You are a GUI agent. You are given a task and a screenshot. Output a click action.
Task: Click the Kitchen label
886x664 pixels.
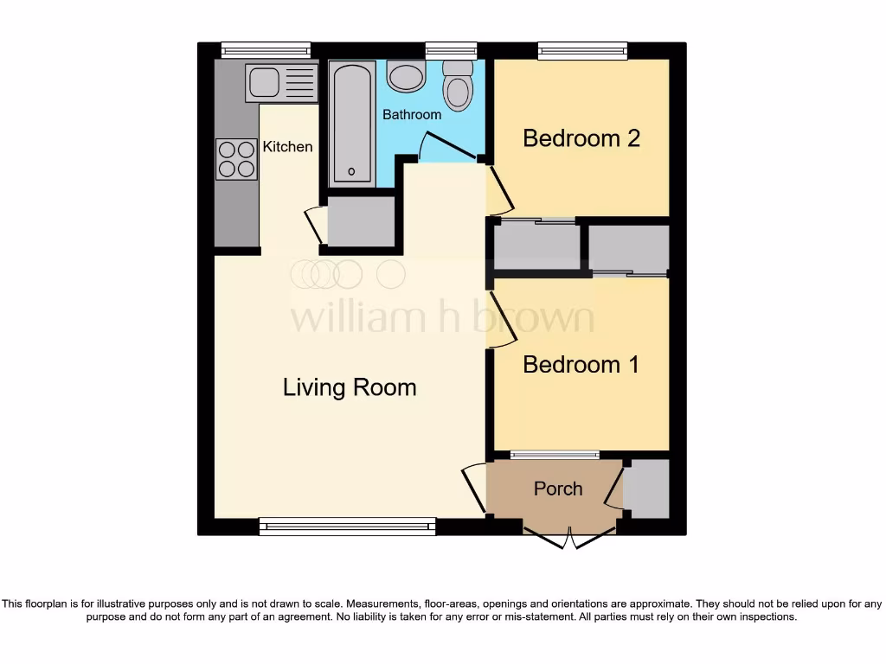point(287,146)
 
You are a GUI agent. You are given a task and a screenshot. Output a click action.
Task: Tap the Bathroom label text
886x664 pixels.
point(412,114)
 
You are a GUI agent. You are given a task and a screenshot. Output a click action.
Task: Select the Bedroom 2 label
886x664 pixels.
point(581,137)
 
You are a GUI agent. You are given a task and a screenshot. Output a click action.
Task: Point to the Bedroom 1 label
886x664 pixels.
point(581,364)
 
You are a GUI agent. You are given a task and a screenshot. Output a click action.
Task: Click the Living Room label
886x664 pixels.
point(350,387)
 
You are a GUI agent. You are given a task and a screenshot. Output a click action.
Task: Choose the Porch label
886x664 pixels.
point(558,488)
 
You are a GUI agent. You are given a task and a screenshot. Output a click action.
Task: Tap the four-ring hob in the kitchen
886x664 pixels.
point(237,159)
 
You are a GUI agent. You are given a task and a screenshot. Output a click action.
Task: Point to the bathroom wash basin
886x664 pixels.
point(405,77)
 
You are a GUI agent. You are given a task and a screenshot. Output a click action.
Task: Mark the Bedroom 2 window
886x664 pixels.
point(582,51)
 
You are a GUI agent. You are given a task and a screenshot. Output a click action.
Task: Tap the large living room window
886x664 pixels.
point(347,526)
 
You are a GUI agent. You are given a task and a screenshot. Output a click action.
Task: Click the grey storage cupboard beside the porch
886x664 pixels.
point(646,489)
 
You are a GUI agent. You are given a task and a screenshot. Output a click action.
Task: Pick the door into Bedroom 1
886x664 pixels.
point(499,320)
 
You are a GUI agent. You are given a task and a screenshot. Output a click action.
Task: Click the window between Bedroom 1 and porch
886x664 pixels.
point(555,455)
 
